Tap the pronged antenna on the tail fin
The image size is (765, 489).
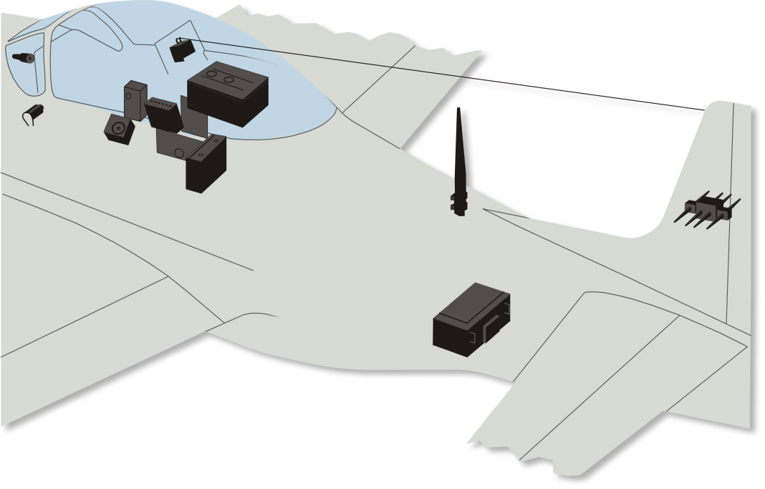coord(708,208)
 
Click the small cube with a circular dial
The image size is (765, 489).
coord(119,129)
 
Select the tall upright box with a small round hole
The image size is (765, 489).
coord(135,100)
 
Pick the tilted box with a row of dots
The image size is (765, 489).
coord(163,112)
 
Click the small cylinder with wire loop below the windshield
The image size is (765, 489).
coord(35,112)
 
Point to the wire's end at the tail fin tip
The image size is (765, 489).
coord(706,110)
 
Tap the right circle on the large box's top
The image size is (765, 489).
coord(229,79)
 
